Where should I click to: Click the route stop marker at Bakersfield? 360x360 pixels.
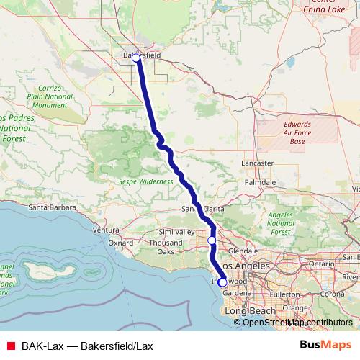(x=136, y=57)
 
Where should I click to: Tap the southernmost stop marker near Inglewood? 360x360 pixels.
(x=222, y=283)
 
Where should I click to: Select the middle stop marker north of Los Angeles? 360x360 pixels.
(x=212, y=240)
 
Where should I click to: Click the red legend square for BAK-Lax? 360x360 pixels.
(x=10, y=346)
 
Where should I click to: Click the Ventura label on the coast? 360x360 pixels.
(x=106, y=230)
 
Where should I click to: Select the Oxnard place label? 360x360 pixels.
(x=122, y=243)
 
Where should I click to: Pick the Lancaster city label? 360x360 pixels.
(x=257, y=163)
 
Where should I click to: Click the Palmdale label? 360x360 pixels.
(x=260, y=183)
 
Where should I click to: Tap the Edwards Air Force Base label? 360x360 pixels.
(x=297, y=132)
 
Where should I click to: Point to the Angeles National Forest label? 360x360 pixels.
(x=280, y=223)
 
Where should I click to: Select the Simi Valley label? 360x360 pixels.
(x=177, y=232)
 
